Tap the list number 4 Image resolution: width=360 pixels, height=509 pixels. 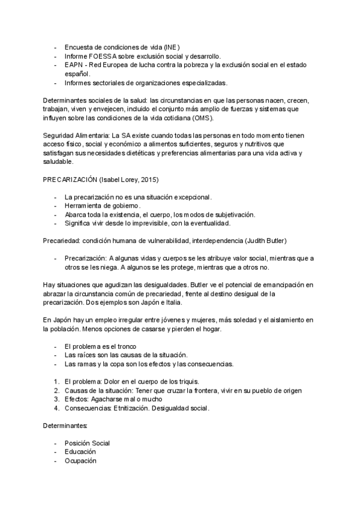56,408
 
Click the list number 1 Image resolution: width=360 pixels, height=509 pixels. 56,382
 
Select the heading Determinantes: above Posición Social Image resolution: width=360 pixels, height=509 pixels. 65,426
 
